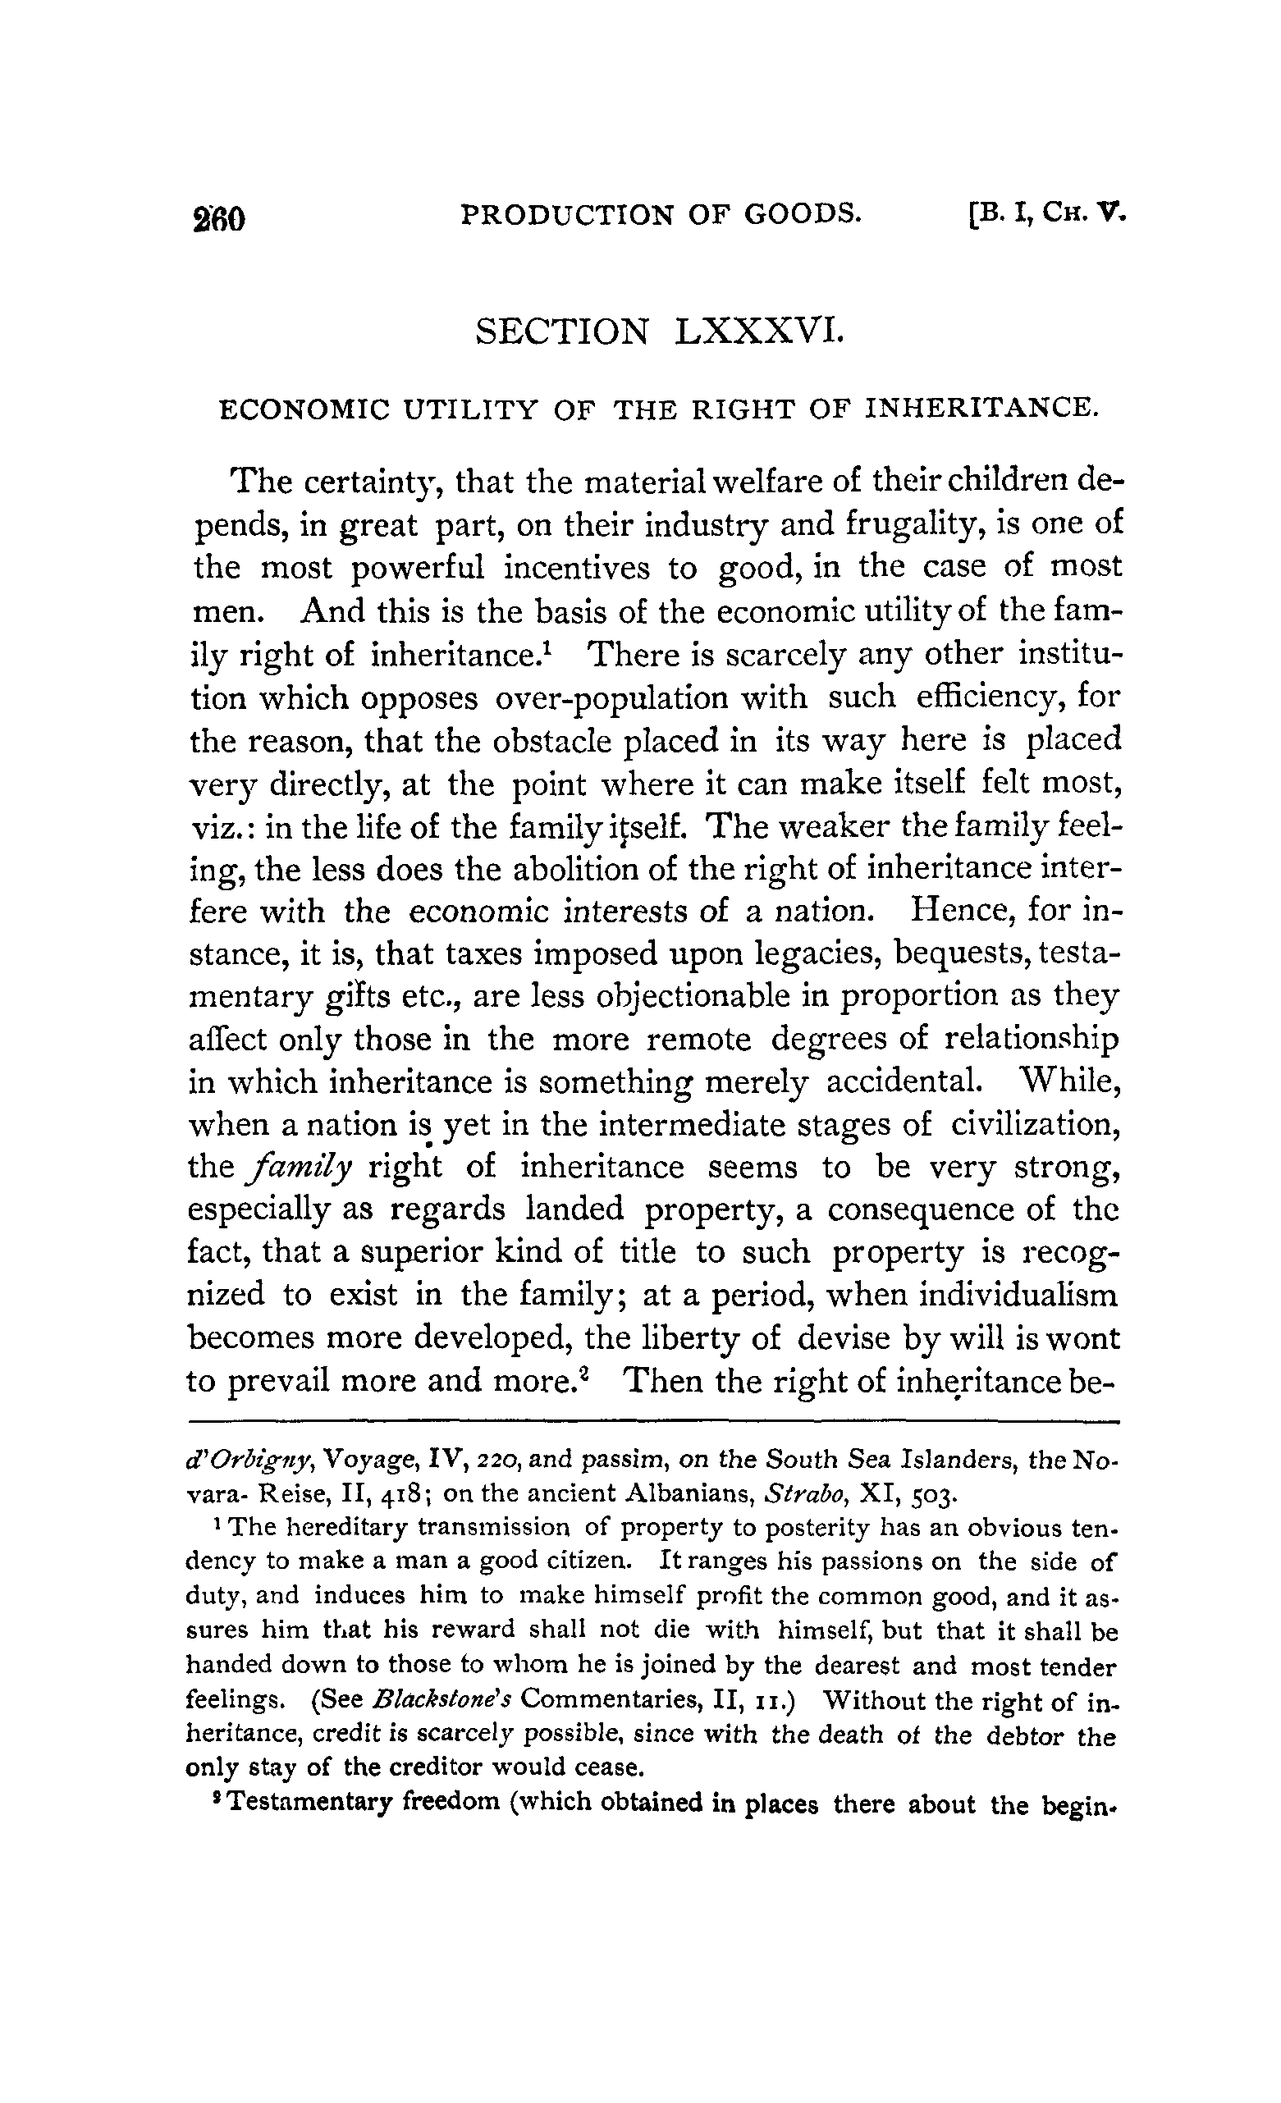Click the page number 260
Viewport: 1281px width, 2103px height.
[220, 219]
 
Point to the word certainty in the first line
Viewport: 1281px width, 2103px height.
[371, 483]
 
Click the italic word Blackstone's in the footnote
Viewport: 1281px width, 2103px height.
[442, 1700]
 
